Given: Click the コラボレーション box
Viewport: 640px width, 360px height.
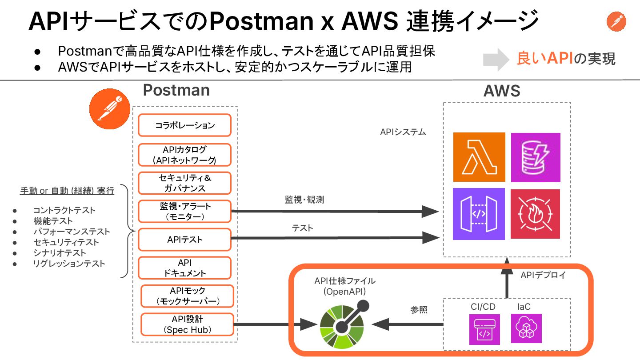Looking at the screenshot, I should (184, 125).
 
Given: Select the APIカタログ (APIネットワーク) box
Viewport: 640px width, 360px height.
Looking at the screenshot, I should (184, 155).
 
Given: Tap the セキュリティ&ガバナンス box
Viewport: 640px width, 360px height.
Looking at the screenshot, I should (184, 183).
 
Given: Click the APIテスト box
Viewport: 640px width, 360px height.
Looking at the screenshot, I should (184, 240).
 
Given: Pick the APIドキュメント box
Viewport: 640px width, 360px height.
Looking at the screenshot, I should (184, 268).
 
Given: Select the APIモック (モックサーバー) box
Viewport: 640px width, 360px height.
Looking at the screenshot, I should (187, 296).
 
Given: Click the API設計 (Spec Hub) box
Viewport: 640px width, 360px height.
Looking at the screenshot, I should (187, 324).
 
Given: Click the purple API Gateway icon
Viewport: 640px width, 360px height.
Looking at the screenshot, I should (479, 214).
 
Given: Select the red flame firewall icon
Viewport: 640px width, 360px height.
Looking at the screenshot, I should (535, 214).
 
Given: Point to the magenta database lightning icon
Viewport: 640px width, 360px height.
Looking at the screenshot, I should (535, 157).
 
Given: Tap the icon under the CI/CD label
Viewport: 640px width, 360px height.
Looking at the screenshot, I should (484, 329).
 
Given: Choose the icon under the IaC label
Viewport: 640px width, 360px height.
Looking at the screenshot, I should (526, 328).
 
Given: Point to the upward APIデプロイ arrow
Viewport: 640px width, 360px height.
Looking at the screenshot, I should (506, 278).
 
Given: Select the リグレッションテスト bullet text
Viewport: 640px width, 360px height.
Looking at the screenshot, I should (69, 264).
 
